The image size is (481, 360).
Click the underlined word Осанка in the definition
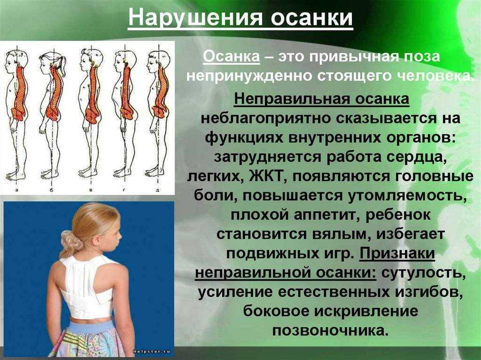point(231,57)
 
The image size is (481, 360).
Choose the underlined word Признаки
point(397,254)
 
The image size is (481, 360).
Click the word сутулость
point(422,273)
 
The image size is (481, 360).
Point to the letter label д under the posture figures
point(157,191)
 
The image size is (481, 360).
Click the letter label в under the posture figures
point(91,190)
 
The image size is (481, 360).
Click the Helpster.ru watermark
point(152,352)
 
